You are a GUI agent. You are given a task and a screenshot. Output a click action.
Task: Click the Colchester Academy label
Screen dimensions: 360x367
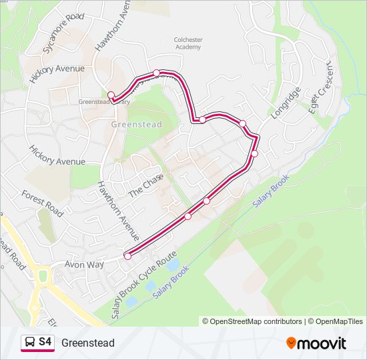[188, 43]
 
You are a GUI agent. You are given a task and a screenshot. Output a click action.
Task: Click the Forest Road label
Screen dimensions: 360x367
[42, 203]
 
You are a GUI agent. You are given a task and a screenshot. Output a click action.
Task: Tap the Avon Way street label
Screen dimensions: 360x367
[84, 265]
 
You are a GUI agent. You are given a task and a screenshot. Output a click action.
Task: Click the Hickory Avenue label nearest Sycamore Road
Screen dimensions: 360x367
[57, 69]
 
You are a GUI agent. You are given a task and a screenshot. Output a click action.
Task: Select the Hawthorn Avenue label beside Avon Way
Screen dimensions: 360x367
[118, 211]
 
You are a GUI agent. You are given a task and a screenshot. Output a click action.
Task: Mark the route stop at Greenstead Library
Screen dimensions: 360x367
[111, 95]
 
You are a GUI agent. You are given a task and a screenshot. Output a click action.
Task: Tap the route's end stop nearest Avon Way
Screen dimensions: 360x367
[127, 255]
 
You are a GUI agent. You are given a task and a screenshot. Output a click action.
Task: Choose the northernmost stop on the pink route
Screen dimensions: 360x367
[157, 73]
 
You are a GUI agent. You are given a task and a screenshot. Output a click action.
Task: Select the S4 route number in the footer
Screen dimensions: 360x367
[45, 342]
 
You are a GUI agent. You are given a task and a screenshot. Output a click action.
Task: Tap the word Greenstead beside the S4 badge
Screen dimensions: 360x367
[88, 343]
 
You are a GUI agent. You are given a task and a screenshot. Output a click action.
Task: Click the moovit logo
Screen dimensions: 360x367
[316, 343]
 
